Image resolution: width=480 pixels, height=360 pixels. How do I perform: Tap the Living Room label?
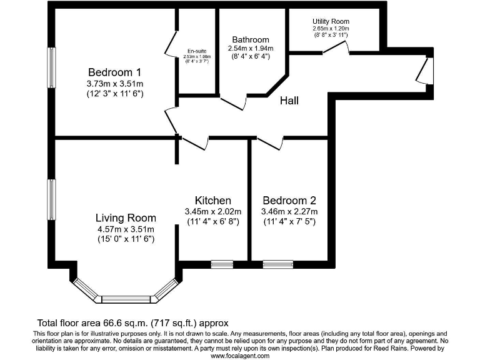tap(126, 218)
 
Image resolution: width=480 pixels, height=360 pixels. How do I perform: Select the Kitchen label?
tap(213, 201)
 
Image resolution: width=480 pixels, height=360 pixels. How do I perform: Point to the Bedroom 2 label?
tap(289, 201)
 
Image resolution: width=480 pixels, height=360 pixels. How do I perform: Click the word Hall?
tap(289, 100)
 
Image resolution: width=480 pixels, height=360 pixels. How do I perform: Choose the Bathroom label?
tap(250, 39)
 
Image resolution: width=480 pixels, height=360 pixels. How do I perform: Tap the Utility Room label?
tap(331, 21)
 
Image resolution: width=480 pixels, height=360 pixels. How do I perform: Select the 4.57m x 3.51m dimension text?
tap(126, 229)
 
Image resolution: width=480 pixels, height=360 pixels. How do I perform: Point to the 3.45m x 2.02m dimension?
tap(213, 211)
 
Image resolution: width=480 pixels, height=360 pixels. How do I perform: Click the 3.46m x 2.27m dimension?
tap(289, 211)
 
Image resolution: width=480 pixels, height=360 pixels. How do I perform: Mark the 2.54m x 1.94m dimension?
tap(250, 49)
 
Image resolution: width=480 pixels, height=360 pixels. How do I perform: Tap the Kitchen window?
tap(222, 264)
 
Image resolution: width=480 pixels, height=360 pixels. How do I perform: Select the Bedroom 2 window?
tap(278, 264)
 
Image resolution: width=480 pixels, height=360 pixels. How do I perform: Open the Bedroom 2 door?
tap(269, 143)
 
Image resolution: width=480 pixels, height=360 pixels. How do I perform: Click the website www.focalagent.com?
tap(240, 356)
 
